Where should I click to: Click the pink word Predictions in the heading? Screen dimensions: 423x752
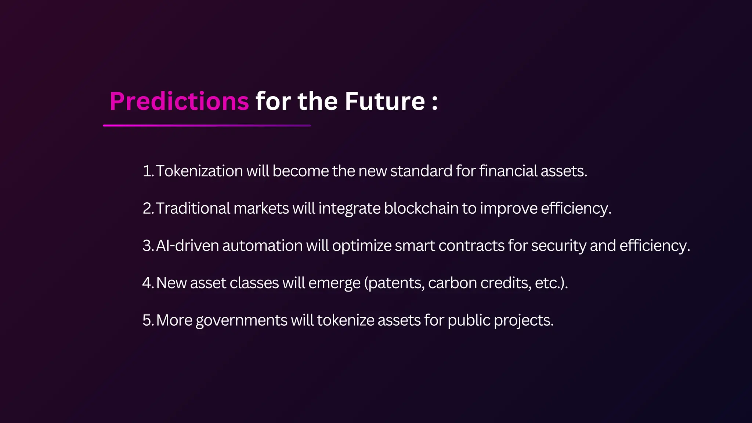(x=179, y=101)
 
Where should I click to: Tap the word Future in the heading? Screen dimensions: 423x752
(x=384, y=101)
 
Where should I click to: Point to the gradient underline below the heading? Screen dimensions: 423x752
(x=207, y=126)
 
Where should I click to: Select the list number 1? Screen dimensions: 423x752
(x=147, y=171)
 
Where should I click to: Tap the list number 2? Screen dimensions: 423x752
(x=148, y=209)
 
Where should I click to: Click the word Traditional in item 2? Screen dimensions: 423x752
(x=193, y=209)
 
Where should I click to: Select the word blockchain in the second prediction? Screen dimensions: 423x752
(x=421, y=209)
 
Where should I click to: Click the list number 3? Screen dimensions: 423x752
(x=148, y=246)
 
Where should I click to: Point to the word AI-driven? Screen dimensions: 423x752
(x=187, y=246)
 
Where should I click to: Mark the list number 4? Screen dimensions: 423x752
(x=148, y=283)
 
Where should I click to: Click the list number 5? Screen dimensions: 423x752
(x=148, y=321)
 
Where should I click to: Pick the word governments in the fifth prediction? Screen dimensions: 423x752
(x=241, y=321)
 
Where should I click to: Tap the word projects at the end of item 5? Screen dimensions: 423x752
(x=523, y=321)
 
